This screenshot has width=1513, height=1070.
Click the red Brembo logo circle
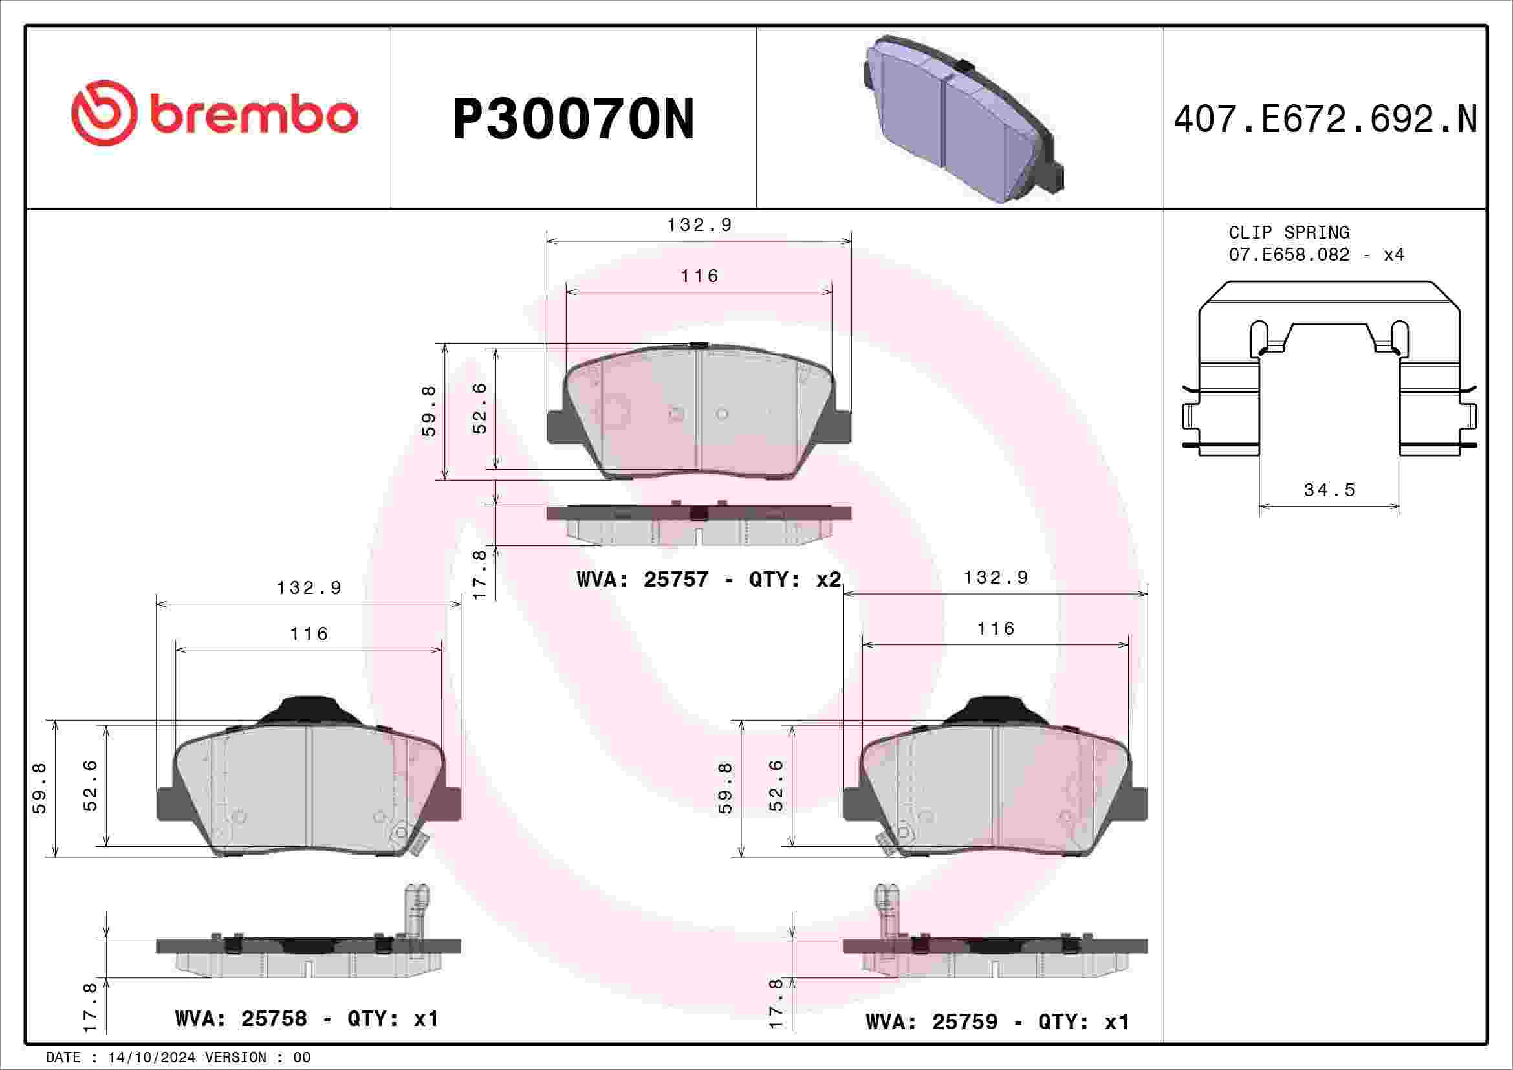104,113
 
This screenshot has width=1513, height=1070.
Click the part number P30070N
573,119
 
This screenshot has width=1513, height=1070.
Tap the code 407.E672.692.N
1326,119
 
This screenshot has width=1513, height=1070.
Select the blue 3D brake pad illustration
963,118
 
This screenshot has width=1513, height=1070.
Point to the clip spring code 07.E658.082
1289,254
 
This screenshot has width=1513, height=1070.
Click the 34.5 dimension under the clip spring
1329,490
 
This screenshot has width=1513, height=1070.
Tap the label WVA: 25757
642,579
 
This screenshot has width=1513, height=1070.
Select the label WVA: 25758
241,1019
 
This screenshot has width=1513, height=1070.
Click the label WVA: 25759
931,1021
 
